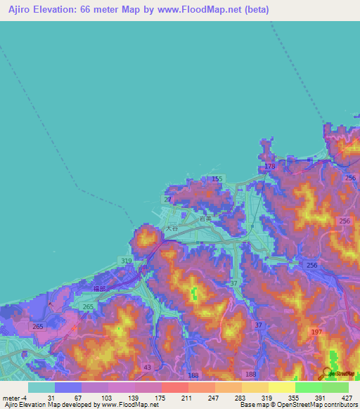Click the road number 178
tap(270, 167)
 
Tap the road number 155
tap(217, 179)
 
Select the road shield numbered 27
tap(167, 200)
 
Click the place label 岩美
tap(205, 219)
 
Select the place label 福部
tap(98, 287)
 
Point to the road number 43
tap(147, 367)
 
